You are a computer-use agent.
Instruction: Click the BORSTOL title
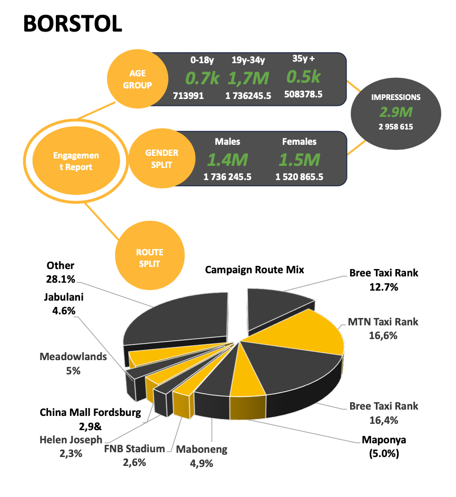coord(73,23)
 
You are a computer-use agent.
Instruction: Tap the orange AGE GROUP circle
coord(137,79)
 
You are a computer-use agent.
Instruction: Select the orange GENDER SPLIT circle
coord(162,158)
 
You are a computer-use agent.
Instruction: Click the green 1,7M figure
coord(248,78)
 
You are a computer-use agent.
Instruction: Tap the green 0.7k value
coord(202,78)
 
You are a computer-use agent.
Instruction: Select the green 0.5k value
coord(303,77)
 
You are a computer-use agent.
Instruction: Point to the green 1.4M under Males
coord(227,160)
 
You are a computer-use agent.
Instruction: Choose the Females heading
coord(299,141)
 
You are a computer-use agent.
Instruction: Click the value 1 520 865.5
coord(299,177)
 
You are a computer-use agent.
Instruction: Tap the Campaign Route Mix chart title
coord(255,270)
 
